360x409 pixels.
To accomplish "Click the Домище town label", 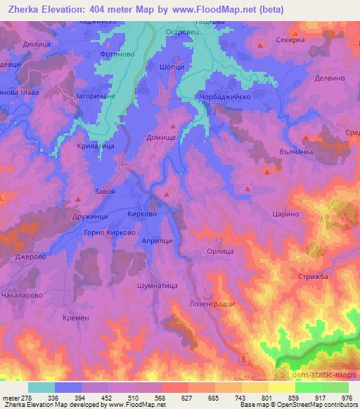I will pyautogui.click(x=160, y=139).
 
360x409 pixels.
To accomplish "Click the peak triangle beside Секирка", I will pyautogui.click(x=261, y=46).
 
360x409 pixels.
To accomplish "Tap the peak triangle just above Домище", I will pyautogui.click(x=172, y=126).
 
